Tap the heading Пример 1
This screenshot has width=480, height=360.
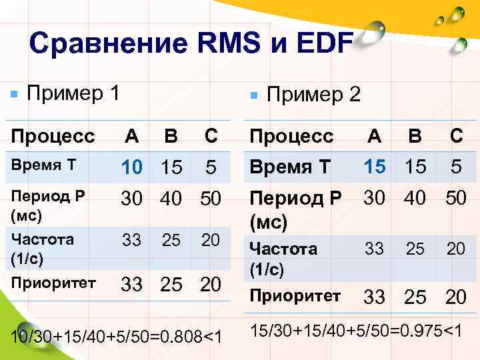(x=73, y=92)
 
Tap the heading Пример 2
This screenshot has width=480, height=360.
(x=313, y=95)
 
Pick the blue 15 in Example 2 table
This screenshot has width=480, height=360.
(x=375, y=167)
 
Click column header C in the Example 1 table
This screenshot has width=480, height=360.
(x=211, y=137)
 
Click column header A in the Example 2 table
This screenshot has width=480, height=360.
(x=375, y=137)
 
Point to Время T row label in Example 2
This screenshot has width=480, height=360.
(x=290, y=167)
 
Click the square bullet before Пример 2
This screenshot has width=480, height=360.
(x=253, y=96)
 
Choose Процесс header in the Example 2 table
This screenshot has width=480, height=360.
(x=291, y=137)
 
